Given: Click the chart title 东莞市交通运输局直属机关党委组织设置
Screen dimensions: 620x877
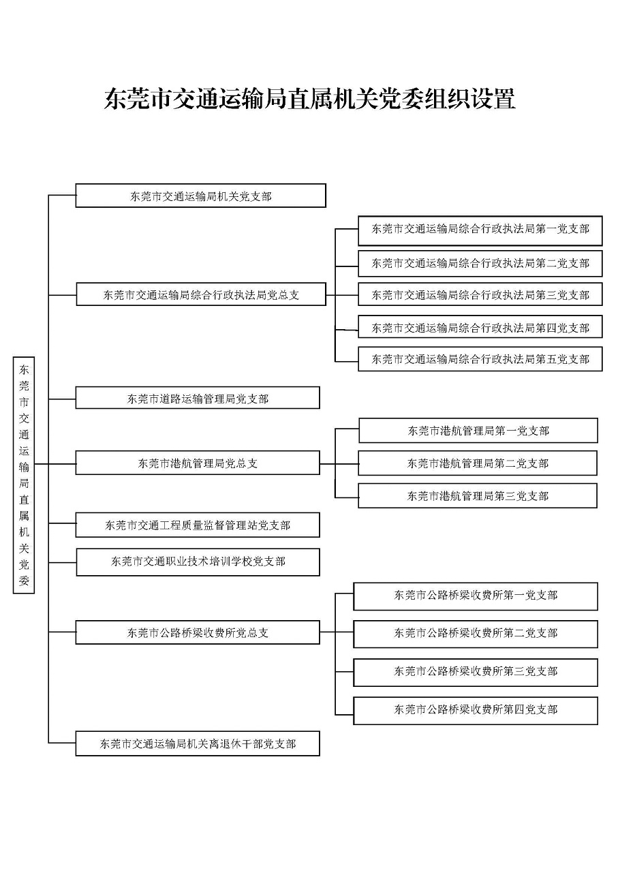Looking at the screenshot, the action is point(309,99).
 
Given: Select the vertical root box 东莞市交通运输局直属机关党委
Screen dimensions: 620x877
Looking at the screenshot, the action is point(24,475).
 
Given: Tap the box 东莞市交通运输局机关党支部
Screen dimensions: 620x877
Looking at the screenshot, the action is point(201,196).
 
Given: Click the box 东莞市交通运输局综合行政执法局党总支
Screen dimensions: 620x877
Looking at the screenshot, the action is point(201,294).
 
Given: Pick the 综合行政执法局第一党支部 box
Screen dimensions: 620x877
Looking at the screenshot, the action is point(480,230).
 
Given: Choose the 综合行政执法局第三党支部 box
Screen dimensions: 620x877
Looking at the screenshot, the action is point(480,294).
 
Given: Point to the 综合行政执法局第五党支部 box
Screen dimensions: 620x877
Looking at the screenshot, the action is point(480,358).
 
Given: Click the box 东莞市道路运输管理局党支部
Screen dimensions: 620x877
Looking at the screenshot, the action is point(198,398).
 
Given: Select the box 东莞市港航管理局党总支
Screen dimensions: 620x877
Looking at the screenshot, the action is point(198,463).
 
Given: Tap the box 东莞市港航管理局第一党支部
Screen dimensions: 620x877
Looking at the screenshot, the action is point(478,430).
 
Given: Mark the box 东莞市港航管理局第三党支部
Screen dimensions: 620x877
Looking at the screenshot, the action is point(478,495).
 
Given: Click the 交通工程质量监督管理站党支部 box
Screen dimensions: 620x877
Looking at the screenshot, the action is point(198,525).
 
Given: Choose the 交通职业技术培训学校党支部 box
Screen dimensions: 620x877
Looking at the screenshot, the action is point(198,561).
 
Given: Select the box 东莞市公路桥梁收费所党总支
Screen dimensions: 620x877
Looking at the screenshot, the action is point(198,632).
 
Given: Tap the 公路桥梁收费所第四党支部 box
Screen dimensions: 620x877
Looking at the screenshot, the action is point(476,711).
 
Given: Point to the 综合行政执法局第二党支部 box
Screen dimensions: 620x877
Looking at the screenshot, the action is point(480,263).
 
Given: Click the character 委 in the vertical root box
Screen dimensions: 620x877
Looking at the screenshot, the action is point(24,580).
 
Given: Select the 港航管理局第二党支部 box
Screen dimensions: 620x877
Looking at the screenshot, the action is point(478,463).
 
